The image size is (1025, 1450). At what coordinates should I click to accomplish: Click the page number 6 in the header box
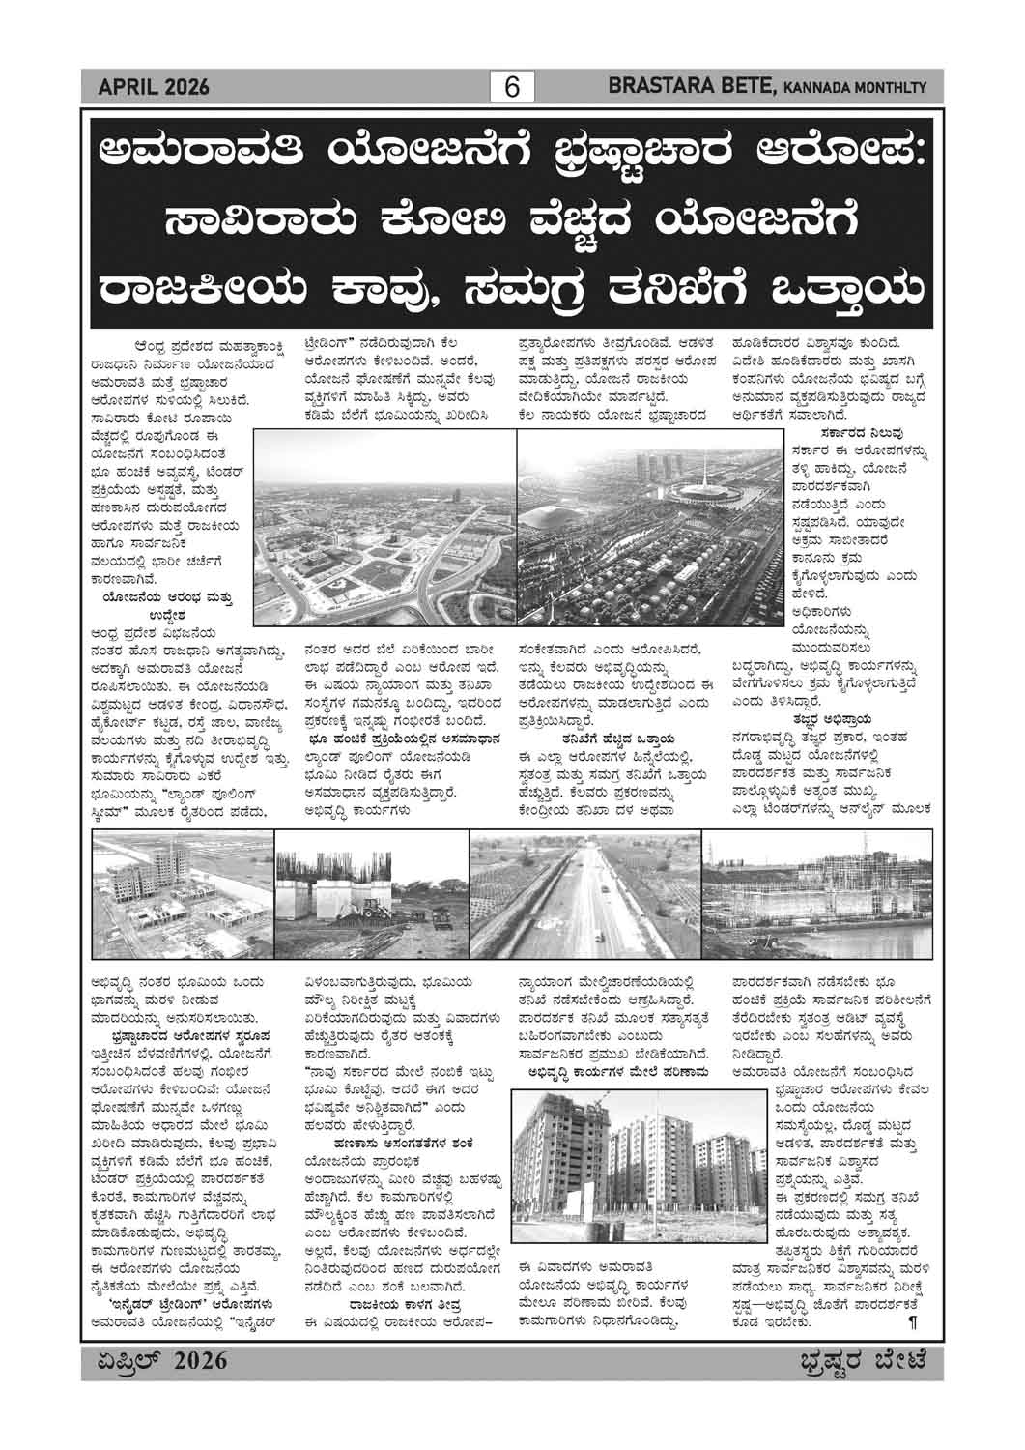512,88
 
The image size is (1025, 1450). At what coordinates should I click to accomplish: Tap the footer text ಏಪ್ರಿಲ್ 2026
155,1361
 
